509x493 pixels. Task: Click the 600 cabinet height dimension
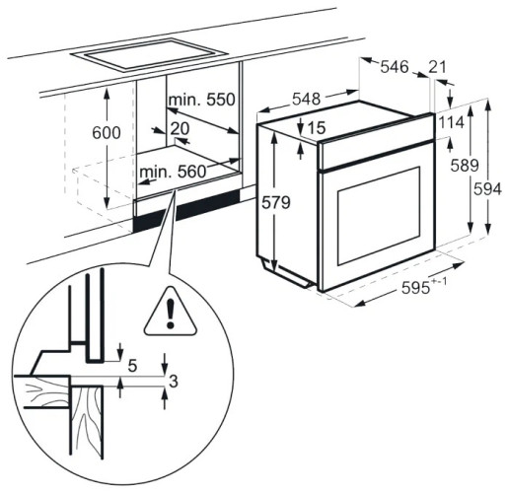pyautogui.click(x=107, y=133)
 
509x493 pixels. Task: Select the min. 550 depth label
pyautogui.click(x=202, y=100)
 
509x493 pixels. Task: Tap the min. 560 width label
pyautogui.click(x=173, y=172)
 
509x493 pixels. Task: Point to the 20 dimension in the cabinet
pyautogui.click(x=180, y=128)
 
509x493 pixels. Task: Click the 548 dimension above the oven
pyautogui.click(x=306, y=99)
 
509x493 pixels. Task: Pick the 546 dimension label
pyautogui.click(x=395, y=67)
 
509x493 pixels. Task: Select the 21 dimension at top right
pyautogui.click(x=438, y=67)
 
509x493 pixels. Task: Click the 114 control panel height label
pyautogui.click(x=452, y=122)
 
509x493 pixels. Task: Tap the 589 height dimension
pyautogui.click(x=465, y=165)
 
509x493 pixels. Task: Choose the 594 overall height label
pyautogui.click(x=487, y=189)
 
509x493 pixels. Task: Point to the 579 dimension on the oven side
pyautogui.click(x=276, y=202)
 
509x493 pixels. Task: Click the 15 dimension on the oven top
pyautogui.click(x=317, y=128)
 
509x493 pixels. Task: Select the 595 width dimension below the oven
pyautogui.click(x=424, y=286)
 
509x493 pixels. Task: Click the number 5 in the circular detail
pyautogui.click(x=132, y=366)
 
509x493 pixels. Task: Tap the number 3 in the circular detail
pyautogui.click(x=174, y=382)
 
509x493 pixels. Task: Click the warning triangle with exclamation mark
pyautogui.click(x=171, y=312)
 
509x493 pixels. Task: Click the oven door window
pyautogui.click(x=379, y=215)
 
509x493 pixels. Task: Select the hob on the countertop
pyautogui.click(x=150, y=55)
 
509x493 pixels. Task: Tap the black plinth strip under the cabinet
pyautogui.click(x=186, y=210)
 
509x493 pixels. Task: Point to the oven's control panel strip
pyautogui.click(x=377, y=141)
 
